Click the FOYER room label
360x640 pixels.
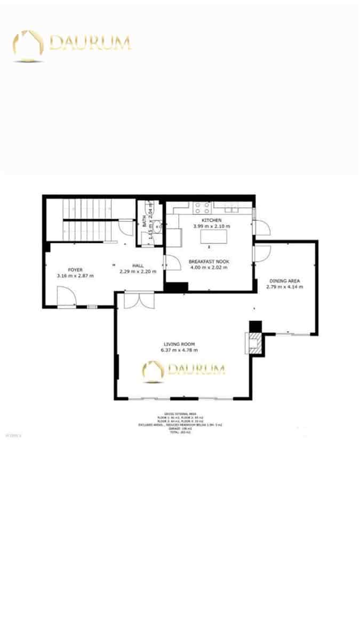pos(75,269)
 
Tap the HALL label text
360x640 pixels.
pos(138,266)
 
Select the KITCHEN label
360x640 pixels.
pos(211,220)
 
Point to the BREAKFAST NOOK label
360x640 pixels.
pos(208,261)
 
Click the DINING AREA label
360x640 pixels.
pos(284,281)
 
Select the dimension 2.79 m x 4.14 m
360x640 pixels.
pos(284,286)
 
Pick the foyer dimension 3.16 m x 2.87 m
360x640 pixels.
pos(75,276)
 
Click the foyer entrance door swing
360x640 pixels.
pos(66,296)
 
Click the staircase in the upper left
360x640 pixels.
pos(88,219)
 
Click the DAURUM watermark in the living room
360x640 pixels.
pos(183,370)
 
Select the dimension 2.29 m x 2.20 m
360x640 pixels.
pos(138,271)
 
